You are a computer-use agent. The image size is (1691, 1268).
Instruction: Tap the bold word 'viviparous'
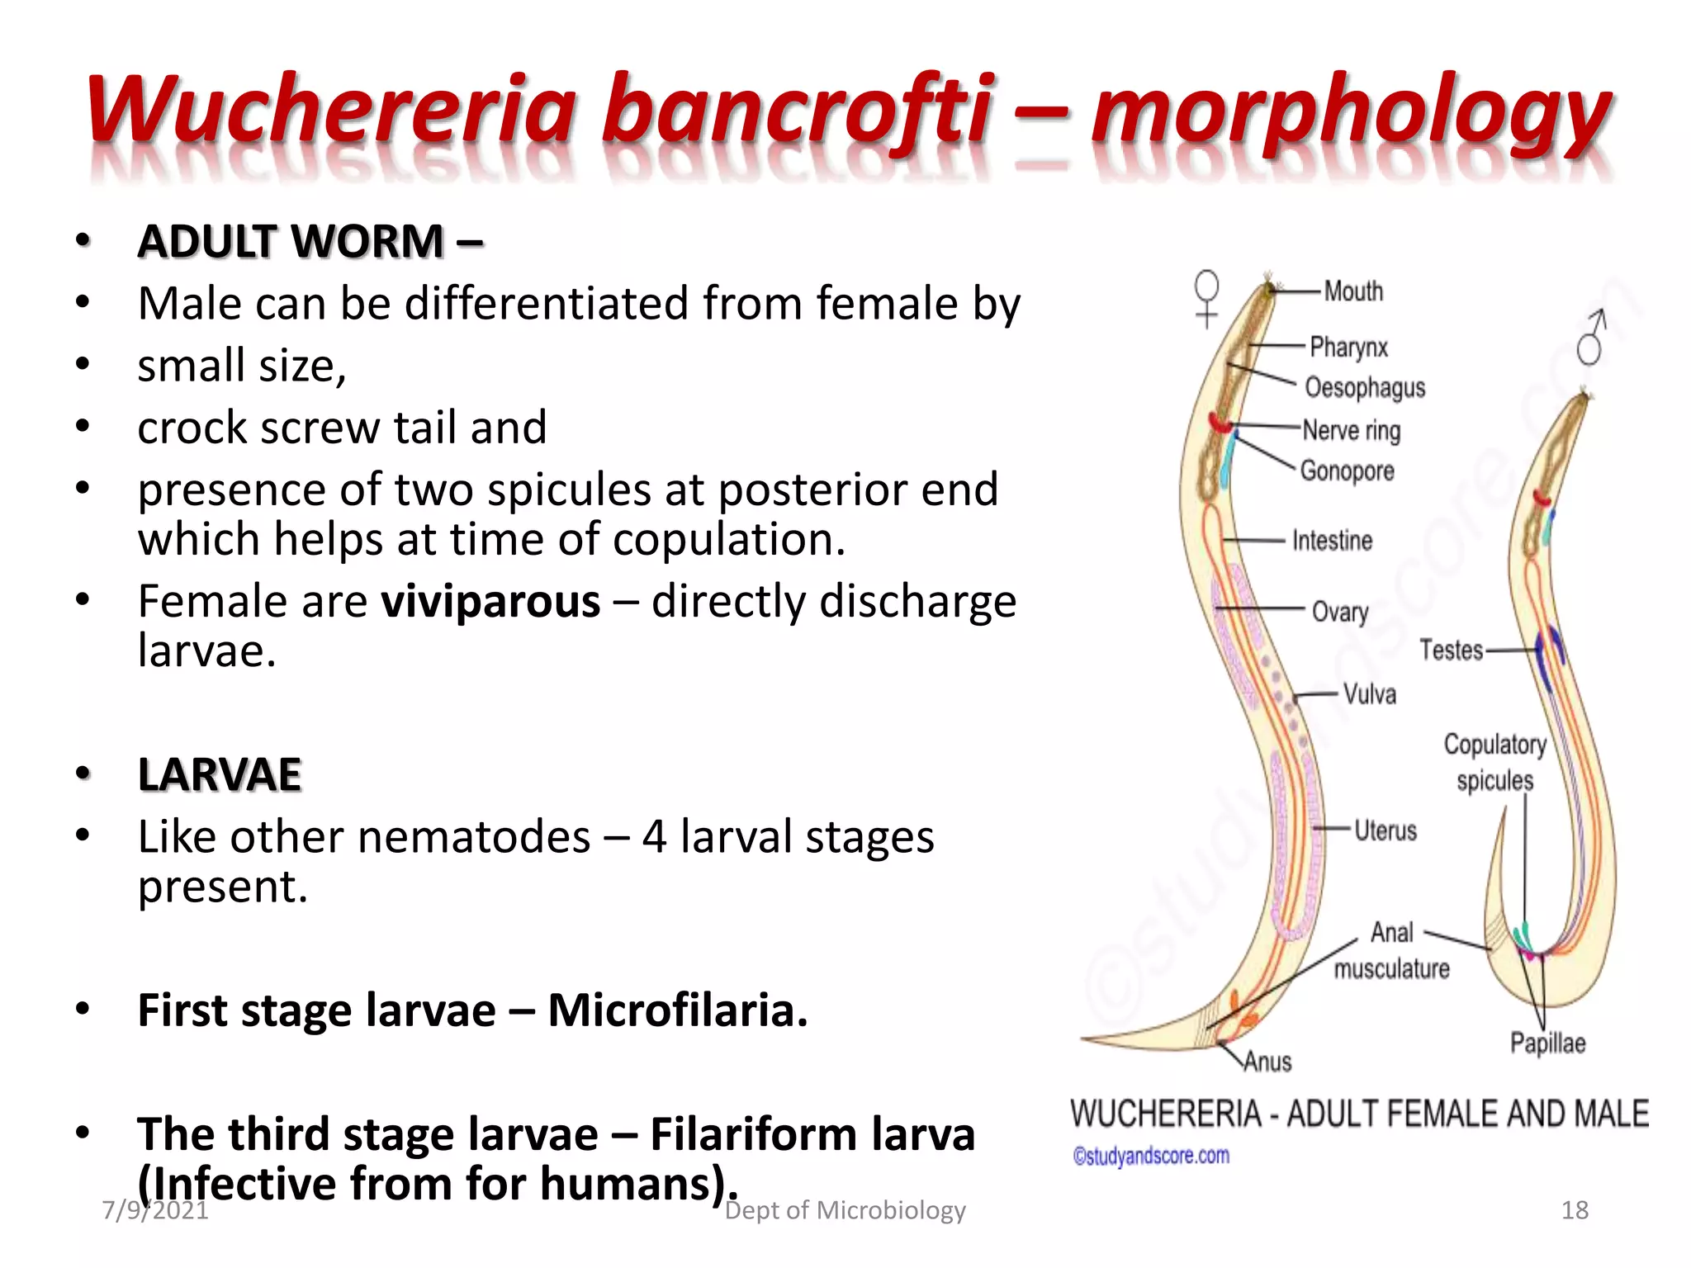tap(490, 601)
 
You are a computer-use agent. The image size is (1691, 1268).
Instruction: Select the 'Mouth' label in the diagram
tap(1353, 291)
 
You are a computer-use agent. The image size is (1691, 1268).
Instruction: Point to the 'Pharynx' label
tap(1348, 348)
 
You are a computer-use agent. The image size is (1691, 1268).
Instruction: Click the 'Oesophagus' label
tap(1365, 387)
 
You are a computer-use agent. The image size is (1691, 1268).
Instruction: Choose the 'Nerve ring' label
tap(1352, 430)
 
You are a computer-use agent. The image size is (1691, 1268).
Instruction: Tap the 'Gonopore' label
tap(1347, 471)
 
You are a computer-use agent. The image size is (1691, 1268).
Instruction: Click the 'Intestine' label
tap(1332, 541)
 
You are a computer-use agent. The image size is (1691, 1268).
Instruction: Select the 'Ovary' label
tap(1340, 612)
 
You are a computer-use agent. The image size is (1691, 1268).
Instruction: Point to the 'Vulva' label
tap(1369, 694)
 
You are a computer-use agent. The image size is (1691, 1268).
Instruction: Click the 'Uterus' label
tap(1385, 830)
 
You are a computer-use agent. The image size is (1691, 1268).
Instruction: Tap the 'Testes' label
tap(1451, 651)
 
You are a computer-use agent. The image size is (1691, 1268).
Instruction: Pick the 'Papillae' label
tap(1547, 1043)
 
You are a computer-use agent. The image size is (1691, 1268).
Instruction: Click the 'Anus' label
tap(1267, 1062)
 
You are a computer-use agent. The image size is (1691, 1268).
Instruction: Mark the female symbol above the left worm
tap(1207, 298)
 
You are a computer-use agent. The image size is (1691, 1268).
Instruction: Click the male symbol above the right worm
tap(1591, 337)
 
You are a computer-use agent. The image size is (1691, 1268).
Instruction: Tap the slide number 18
tap(1575, 1210)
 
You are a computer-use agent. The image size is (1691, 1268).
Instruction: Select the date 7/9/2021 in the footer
tap(154, 1210)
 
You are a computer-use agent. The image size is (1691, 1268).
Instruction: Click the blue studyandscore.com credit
tap(1151, 1156)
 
